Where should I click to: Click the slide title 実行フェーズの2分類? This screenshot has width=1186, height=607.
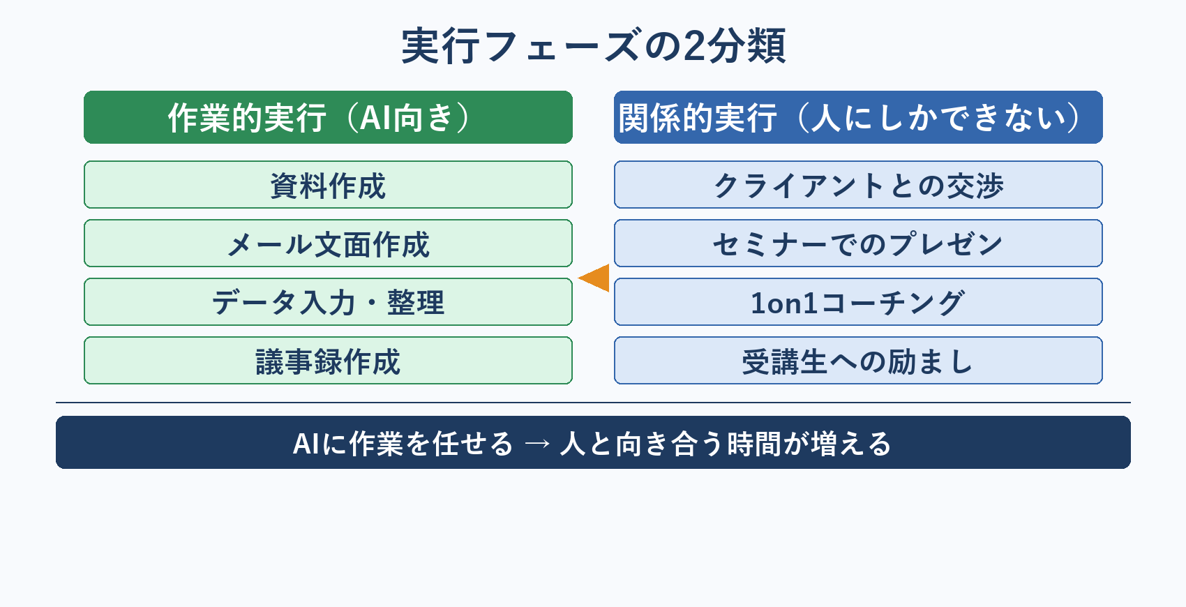(593, 46)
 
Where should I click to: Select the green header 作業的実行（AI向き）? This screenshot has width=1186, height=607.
(328, 117)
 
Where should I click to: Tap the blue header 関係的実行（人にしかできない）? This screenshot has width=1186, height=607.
(858, 117)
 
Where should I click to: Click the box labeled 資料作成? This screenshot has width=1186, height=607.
(328, 185)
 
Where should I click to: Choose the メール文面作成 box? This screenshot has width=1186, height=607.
(328, 243)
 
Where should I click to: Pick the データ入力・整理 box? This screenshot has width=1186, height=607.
(328, 302)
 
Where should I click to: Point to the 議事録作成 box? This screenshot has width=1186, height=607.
(328, 361)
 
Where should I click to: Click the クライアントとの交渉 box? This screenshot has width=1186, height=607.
(858, 185)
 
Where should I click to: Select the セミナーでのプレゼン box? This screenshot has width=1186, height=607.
(858, 243)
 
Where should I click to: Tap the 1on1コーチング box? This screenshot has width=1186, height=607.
(858, 302)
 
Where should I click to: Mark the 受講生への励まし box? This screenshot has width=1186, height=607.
(858, 361)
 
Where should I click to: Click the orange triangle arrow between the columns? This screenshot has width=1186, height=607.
(596, 278)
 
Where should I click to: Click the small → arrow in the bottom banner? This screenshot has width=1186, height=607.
(537, 444)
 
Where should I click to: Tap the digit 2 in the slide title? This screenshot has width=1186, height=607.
(694, 47)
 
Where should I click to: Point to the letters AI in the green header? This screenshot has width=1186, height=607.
(377, 118)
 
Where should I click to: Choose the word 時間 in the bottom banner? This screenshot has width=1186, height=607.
(753, 444)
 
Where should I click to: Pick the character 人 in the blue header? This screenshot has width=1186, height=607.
(826, 117)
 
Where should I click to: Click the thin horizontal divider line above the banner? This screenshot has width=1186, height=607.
(593, 403)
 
